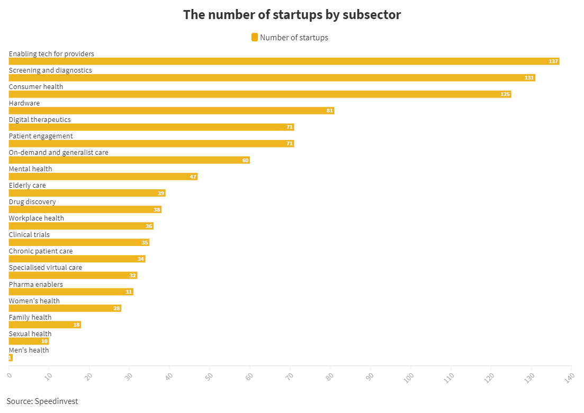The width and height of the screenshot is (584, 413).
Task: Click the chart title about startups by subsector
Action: click(x=292, y=15)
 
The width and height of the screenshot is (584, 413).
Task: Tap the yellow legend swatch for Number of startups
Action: click(x=255, y=37)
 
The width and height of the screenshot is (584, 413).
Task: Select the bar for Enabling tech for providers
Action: click(x=284, y=61)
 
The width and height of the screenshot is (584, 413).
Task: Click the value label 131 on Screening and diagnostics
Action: click(x=529, y=77)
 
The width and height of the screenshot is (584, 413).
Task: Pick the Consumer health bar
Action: click(x=260, y=94)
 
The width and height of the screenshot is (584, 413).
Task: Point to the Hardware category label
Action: click(x=24, y=103)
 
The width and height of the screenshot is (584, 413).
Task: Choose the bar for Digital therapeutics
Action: click(x=151, y=127)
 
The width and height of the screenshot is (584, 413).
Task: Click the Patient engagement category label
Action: click(x=41, y=136)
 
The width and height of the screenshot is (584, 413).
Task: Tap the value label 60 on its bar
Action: click(x=246, y=161)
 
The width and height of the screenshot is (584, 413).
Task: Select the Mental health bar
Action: click(x=103, y=177)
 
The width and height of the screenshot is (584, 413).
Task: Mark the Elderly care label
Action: click(x=27, y=186)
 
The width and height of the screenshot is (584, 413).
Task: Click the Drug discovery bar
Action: click(x=85, y=209)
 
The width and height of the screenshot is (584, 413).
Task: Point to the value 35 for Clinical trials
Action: click(x=145, y=242)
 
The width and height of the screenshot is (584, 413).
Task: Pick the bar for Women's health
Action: click(x=65, y=308)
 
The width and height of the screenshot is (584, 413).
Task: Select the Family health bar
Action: click(x=44, y=324)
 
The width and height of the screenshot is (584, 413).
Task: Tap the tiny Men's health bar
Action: click(x=11, y=358)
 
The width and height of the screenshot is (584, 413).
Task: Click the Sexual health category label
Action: click(x=30, y=333)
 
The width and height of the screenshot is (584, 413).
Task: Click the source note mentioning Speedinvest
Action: click(x=42, y=401)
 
